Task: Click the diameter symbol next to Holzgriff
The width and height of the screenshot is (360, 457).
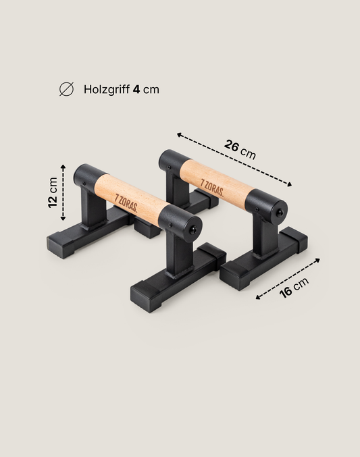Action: pos(66,89)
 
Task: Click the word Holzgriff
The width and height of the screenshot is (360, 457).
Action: pos(107,89)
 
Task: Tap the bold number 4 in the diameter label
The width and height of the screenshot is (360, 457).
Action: pos(136,89)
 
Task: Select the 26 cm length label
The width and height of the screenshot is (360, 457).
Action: pos(240,149)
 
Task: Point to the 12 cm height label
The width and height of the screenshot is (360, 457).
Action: pos(53,194)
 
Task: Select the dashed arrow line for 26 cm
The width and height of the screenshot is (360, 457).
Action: pos(234,159)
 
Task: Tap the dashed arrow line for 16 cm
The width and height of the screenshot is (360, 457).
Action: pos(287,277)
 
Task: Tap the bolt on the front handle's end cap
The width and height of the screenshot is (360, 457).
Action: pos(193,229)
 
